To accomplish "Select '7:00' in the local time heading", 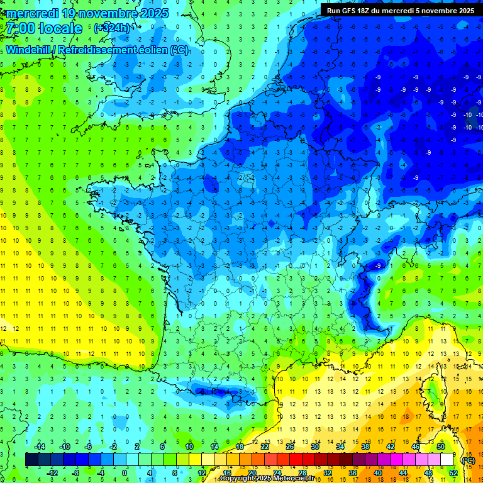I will tap(19, 28).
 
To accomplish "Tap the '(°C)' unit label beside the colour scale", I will tap(467, 460).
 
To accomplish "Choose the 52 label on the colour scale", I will tap(453, 472).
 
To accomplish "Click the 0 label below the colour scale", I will tap(125, 472).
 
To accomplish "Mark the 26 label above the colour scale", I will tap(290, 446).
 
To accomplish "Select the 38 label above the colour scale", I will tap(365, 446).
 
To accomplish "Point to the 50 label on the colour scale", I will tap(441, 446).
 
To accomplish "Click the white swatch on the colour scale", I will tap(447, 459).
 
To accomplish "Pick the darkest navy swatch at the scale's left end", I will tap(31, 459).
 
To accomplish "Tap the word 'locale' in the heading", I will tap(60, 28).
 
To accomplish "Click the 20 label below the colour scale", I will tap(252, 472).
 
